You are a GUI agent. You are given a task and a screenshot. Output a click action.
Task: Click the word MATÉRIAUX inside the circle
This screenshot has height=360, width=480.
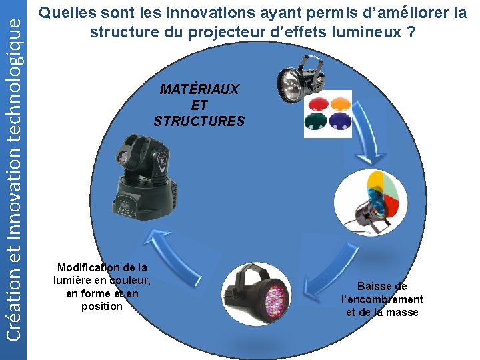[x=199, y=89]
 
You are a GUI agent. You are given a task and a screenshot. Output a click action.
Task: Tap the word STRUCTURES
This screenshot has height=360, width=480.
[x=199, y=121]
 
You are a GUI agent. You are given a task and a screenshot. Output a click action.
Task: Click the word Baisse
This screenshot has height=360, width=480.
[x=382, y=286]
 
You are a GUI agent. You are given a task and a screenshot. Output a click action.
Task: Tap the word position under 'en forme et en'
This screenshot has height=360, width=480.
[x=102, y=307]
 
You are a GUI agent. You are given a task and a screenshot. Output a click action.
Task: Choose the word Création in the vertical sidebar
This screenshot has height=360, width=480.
[x=13, y=314]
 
